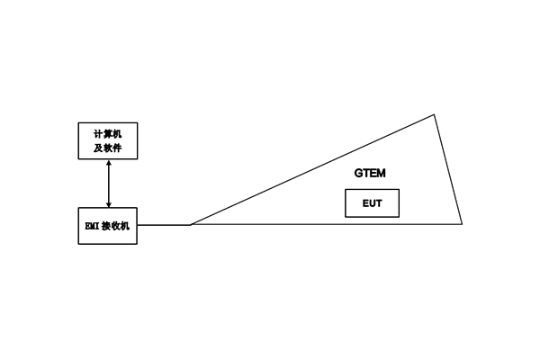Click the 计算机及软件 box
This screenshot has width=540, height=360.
tap(107, 140)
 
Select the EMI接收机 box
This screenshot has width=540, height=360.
tap(107, 225)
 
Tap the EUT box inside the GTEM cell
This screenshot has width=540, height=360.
tap(372, 203)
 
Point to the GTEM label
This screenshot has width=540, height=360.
tap(370, 172)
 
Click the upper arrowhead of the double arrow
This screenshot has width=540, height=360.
tap(108, 163)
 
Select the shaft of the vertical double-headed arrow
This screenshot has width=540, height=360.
tap(108, 184)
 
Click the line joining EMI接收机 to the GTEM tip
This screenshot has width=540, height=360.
tap(163, 225)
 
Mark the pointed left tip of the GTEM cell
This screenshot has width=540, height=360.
tap(190, 224)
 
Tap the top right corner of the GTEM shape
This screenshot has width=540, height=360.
tap(435, 114)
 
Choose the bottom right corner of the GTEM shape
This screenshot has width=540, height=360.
tap(462, 224)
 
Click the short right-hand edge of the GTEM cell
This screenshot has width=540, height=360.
tap(448, 169)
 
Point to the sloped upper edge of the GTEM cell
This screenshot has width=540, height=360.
tap(312, 169)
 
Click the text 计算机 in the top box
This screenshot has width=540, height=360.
tap(107, 134)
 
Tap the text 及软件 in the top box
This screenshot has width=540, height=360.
tap(107, 147)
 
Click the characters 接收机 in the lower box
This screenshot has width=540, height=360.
tap(115, 226)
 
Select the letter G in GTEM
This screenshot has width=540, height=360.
tap(358, 172)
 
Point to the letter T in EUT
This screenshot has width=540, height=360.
tap(379, 203)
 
